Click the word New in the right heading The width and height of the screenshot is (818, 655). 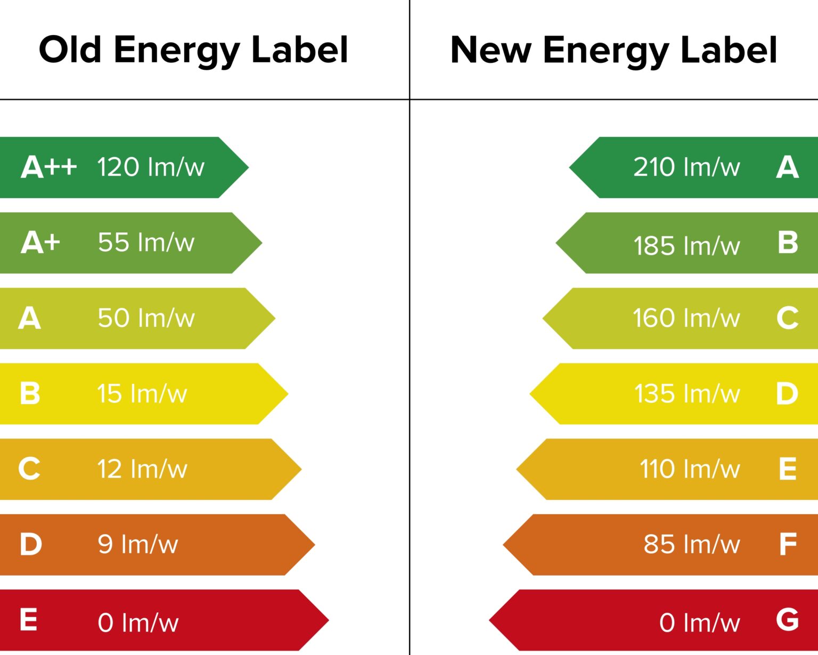490,50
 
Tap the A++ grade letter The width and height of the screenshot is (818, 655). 48,167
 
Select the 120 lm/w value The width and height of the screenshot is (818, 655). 151,167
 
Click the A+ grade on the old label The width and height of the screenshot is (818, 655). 40,242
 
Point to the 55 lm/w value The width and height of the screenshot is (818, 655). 146,242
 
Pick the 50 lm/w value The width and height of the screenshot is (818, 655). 146,318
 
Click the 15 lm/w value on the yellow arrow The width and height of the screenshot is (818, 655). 142,394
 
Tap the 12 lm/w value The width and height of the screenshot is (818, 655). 142,470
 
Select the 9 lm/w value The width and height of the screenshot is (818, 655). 138,545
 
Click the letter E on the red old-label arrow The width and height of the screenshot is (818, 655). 29,620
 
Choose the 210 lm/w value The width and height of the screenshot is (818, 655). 686,167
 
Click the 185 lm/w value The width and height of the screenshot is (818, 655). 686,246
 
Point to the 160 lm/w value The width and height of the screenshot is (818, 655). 686,318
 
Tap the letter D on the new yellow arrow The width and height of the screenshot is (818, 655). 787,394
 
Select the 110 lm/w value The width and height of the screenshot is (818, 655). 690,470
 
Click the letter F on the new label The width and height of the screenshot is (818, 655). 788,545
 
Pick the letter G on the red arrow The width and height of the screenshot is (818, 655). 787,620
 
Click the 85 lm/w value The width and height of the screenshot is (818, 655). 692,545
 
